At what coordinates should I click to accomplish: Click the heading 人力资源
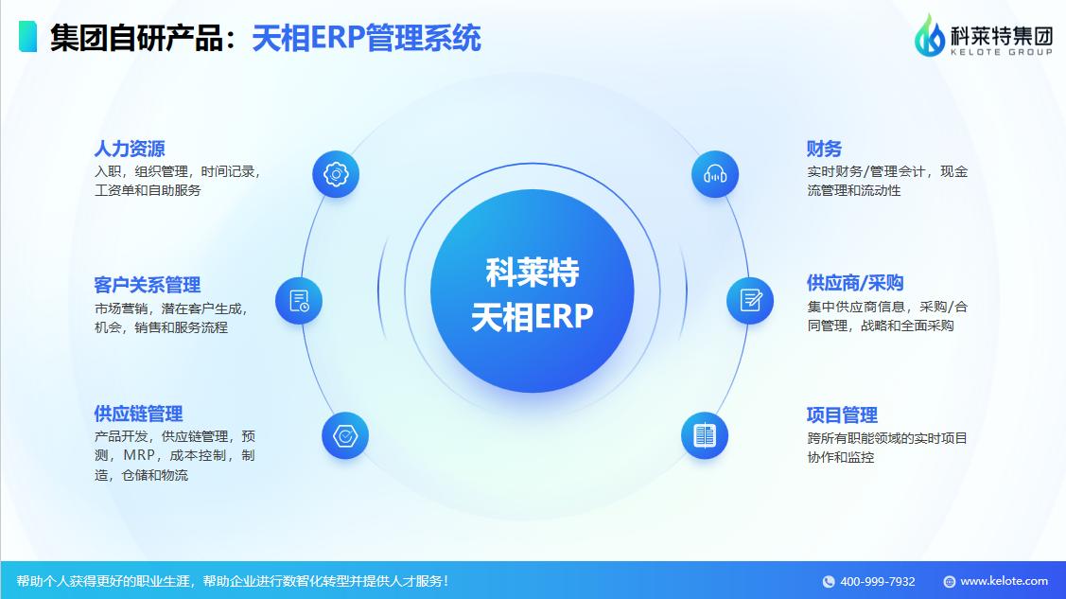point(130,149)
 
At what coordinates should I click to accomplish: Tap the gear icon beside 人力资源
point(336,174)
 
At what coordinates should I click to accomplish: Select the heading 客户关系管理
point(148,285)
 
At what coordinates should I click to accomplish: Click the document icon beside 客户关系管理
point(299,301)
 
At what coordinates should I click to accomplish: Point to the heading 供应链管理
point(138,414)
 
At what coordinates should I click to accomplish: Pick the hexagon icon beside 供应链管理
point(345,436)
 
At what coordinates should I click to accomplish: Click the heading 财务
point(824,149)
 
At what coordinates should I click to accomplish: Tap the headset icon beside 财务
point(715,174)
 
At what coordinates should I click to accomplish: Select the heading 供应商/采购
point(855,283)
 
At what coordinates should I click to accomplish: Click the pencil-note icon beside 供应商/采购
point(750,300)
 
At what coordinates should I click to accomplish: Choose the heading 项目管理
point(842,414)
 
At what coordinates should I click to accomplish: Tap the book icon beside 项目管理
point(705,435)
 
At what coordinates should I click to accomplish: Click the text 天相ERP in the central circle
point(532,317)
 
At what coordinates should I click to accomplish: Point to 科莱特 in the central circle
point(532,273)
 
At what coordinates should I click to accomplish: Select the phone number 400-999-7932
point(877,581)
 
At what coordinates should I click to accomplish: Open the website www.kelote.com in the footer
point(1004,581)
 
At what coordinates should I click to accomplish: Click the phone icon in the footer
point(829,582)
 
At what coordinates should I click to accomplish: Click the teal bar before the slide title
point(27,37)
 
